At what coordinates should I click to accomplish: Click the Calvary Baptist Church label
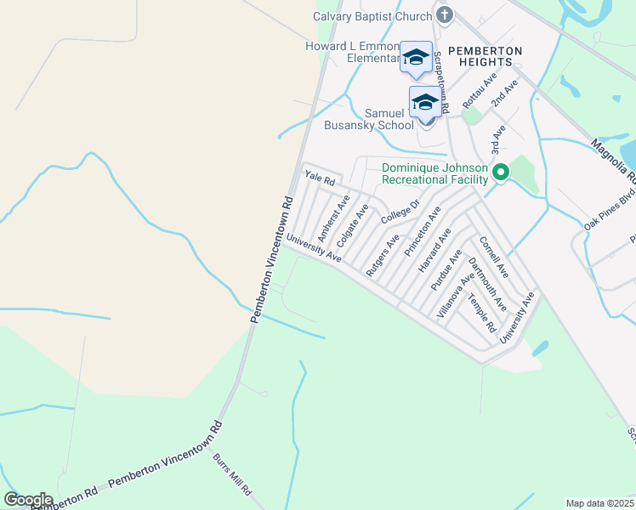tap(373, 15)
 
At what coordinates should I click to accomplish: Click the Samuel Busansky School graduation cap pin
tap(425, 103)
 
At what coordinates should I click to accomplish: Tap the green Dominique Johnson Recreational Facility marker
tap(501, 173)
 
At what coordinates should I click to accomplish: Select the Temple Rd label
tap(482, 314)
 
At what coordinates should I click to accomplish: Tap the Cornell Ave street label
tap(493, 257)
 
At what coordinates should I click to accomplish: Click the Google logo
tap(28, 500)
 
